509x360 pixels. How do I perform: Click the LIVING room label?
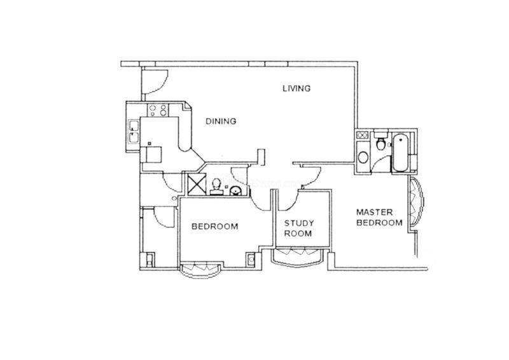pos(296,88)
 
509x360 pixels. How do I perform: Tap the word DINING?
pos(221,121)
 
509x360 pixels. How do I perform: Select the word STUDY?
pos(299,223)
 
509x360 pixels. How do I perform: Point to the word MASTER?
pos(374,212)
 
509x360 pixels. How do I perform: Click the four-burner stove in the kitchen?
pos(158,110)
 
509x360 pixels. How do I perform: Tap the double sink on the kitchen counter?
pos(134,132)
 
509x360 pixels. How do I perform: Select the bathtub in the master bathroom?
pos(400,153)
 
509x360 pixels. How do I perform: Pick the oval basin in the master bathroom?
pos(363,158)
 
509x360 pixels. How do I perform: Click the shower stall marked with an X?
pos(197,184)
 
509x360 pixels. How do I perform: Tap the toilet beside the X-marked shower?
pos(216,187)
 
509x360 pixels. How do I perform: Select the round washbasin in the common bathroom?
pos(235,191)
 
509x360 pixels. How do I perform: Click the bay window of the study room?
pos(297,256)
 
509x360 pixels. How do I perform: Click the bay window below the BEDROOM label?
pos(200,270)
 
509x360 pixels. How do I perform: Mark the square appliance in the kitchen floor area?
pos(154,154)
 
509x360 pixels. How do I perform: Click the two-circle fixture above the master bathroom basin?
pos(361,135)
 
